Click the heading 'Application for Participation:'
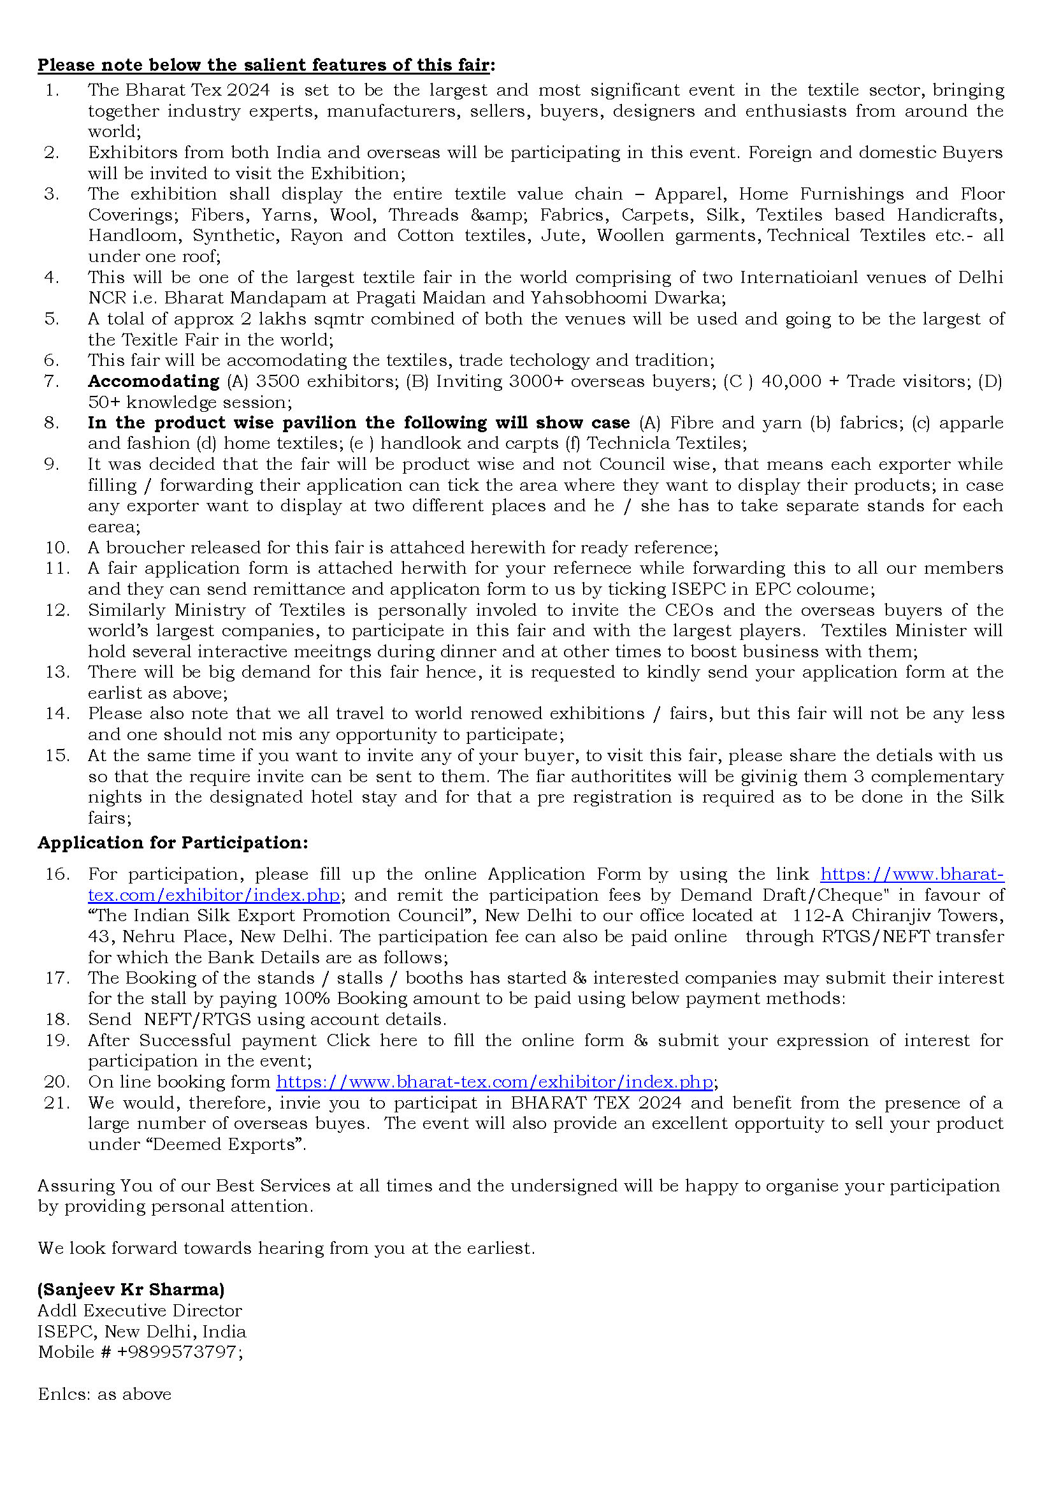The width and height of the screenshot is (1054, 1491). point(173,842)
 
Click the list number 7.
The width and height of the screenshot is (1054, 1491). point(51,381)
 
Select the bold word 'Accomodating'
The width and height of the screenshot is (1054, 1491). point(154,381)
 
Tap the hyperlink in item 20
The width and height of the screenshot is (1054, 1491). point(495,1081)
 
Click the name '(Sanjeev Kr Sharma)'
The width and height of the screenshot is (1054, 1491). point(131,1289)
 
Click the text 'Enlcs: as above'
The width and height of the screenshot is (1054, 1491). point(105,1393)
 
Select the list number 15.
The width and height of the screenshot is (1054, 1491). point(57,755)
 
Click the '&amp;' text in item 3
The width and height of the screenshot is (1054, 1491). point(498,215)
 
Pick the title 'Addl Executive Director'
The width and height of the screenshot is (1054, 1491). point(140,1310)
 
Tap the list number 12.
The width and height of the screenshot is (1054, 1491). point(57,610)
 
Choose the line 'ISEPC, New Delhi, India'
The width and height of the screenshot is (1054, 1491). point(142,1330)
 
